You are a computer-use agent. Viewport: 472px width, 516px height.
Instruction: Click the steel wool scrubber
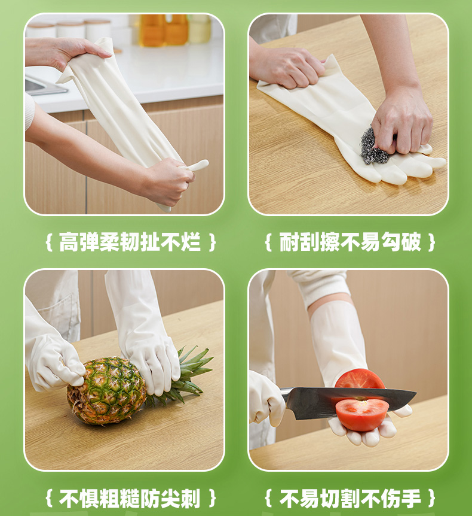(375, 146)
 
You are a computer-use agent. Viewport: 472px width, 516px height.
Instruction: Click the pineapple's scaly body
(106, 390)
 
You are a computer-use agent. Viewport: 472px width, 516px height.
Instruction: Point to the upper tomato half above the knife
(359, 379)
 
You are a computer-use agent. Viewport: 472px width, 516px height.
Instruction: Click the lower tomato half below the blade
(361, 414)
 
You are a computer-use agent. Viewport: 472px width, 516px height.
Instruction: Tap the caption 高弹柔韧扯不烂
(130, 242)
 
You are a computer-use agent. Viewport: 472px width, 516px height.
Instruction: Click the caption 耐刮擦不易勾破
(350, 242)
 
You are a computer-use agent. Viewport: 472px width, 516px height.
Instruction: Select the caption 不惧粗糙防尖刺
(130, 498)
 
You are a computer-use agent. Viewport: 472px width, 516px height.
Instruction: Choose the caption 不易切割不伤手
(350, 498)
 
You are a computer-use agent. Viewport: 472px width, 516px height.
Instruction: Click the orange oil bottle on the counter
(164, 29)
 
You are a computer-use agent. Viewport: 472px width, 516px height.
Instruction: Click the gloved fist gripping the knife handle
(266, 398)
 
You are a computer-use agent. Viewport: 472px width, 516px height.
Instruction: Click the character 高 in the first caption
(69, 242)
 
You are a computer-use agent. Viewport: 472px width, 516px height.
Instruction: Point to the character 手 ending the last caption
(411, 498)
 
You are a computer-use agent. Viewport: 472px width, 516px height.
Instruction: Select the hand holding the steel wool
(402, 123)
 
